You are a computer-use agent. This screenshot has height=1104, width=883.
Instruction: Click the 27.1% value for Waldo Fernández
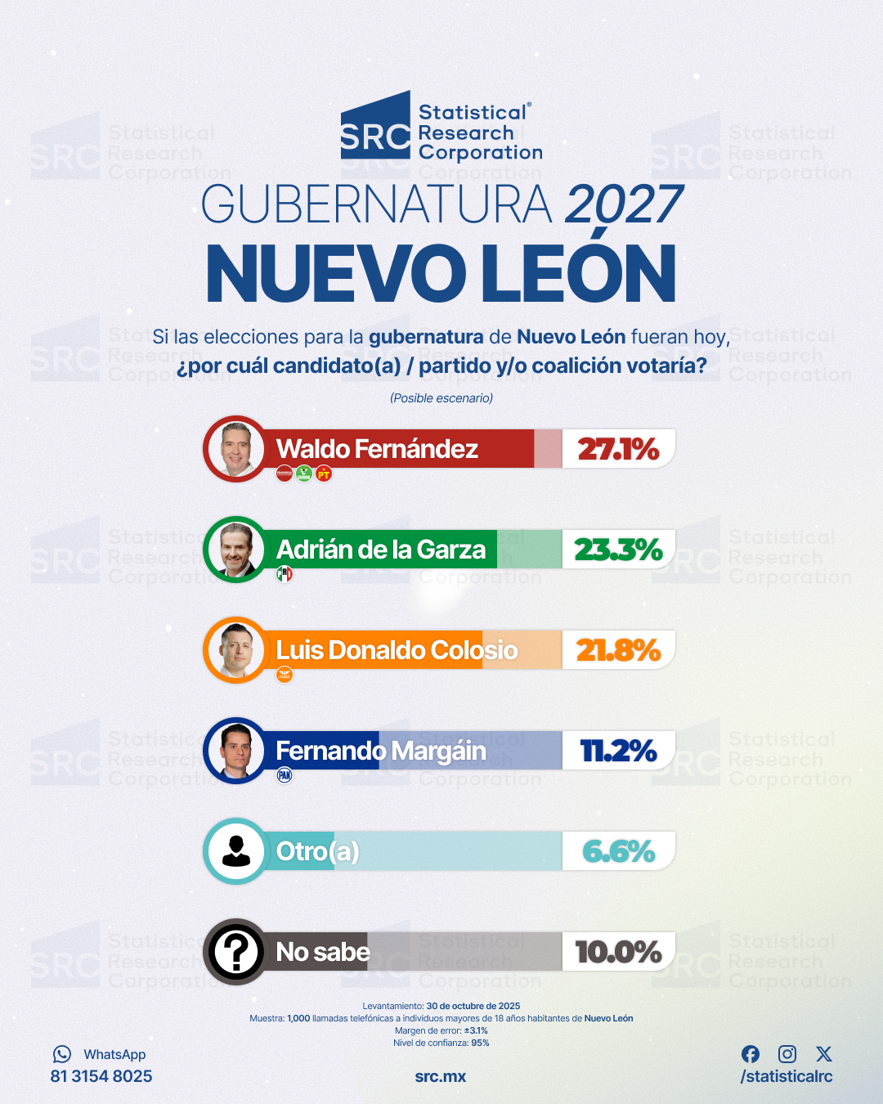tap(618, 449)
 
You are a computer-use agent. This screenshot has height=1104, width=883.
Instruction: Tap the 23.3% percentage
tap(618, 550)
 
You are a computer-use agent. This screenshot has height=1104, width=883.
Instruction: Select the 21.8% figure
tap(618, 650)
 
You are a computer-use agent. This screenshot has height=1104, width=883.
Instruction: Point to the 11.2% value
tap(618, 751)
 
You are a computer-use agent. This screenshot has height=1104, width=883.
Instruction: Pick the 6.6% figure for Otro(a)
tap(618, 851)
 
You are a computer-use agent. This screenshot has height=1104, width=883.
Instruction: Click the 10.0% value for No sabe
tap(618, 952)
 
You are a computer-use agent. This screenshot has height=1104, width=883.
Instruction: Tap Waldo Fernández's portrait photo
tap(236, 449)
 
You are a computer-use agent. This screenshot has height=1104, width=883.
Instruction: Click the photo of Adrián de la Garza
tap(236, 550)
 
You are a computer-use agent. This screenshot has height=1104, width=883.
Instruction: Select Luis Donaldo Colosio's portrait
tap(236, 650)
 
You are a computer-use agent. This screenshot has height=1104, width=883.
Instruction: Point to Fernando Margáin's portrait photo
tap(236, 751)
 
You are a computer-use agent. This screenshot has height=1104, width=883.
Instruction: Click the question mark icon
tap(236, 952)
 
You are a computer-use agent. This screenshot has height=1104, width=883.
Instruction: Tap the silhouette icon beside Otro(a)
tap(236, 851)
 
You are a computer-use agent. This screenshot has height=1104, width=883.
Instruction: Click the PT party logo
tap(324, 473)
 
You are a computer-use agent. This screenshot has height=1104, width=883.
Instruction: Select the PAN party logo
tap(285, 775)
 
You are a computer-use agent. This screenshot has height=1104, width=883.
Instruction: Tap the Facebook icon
tap(751, 1054)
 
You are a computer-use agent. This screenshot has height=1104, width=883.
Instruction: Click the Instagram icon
tap(787, 1054)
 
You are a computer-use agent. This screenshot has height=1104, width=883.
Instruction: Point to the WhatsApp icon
tap(62, 1054)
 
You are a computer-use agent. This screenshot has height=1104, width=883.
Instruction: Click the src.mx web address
tap(441, 1076)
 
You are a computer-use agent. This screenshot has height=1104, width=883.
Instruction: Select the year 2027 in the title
tap(624, 204)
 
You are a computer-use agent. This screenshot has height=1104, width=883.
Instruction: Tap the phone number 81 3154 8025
tap(101, 1076)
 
